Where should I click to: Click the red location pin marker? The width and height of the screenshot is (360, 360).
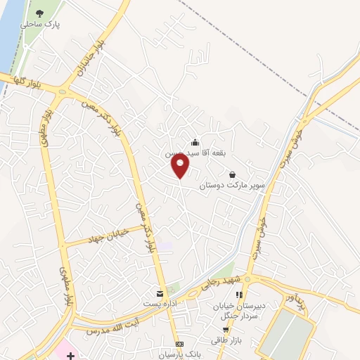coord(181,166)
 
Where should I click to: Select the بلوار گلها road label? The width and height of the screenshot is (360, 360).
coord(25,82)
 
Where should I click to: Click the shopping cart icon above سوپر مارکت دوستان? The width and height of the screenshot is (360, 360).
coord(233,175)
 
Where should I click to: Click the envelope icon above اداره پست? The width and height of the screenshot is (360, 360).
coord(160,292)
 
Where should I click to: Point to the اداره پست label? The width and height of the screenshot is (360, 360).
coord(160,303)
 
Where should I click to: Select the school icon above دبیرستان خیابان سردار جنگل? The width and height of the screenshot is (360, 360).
coord(239,295)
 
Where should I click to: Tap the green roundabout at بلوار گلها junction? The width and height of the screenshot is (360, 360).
coord(65,91)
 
